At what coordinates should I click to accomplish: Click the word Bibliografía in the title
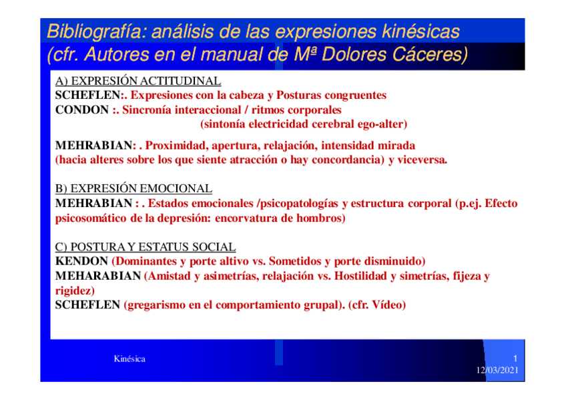(95, 32)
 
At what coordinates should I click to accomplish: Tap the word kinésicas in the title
(420, 31)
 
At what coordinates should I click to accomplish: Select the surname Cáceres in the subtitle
(430, 55)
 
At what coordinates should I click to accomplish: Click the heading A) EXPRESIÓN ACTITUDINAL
(138, 81)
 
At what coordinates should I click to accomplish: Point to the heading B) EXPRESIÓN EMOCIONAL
(133, 188)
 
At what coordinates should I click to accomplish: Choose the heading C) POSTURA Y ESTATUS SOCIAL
(145, 247)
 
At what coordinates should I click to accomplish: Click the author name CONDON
(82, 110)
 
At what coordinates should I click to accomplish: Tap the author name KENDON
(81, 261)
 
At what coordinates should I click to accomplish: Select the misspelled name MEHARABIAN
(98, 276)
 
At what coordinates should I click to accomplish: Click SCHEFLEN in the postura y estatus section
(87, 305)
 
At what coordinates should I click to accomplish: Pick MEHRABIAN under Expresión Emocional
(94, 203)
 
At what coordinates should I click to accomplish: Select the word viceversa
(422, 160)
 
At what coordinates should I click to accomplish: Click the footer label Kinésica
(129, 359)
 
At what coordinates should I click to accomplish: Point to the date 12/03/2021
(497, 370)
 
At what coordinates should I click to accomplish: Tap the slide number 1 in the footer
(515, 359)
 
